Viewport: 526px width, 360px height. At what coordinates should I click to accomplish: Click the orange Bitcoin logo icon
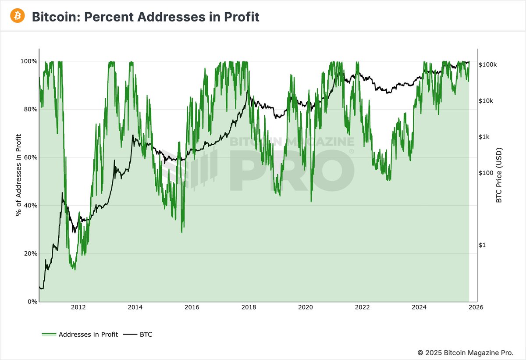[18, 16]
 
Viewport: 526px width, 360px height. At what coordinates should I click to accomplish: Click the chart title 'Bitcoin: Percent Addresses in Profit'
[145, 17]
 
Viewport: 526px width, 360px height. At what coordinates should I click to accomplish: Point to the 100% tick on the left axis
[29, 61]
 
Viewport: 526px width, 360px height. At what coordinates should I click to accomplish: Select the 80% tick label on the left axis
[30, 109]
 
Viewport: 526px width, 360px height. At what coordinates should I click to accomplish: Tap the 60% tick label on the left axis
[30, 157]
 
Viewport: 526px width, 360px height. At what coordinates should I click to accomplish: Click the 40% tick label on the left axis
[30, 206]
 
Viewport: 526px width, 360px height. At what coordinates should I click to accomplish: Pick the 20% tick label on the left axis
[30, 253]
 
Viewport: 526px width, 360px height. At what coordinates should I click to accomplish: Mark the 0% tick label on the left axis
[32, 302]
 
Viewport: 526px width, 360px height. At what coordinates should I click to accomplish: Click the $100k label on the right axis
[488, 65]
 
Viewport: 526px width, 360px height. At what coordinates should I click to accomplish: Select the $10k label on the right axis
[487, 101]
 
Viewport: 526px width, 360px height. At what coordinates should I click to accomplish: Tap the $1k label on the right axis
[485, 137]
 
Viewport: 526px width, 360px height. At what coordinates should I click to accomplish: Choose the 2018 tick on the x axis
[249, 307]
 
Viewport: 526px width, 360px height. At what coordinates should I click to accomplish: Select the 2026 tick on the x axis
[476, 307]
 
